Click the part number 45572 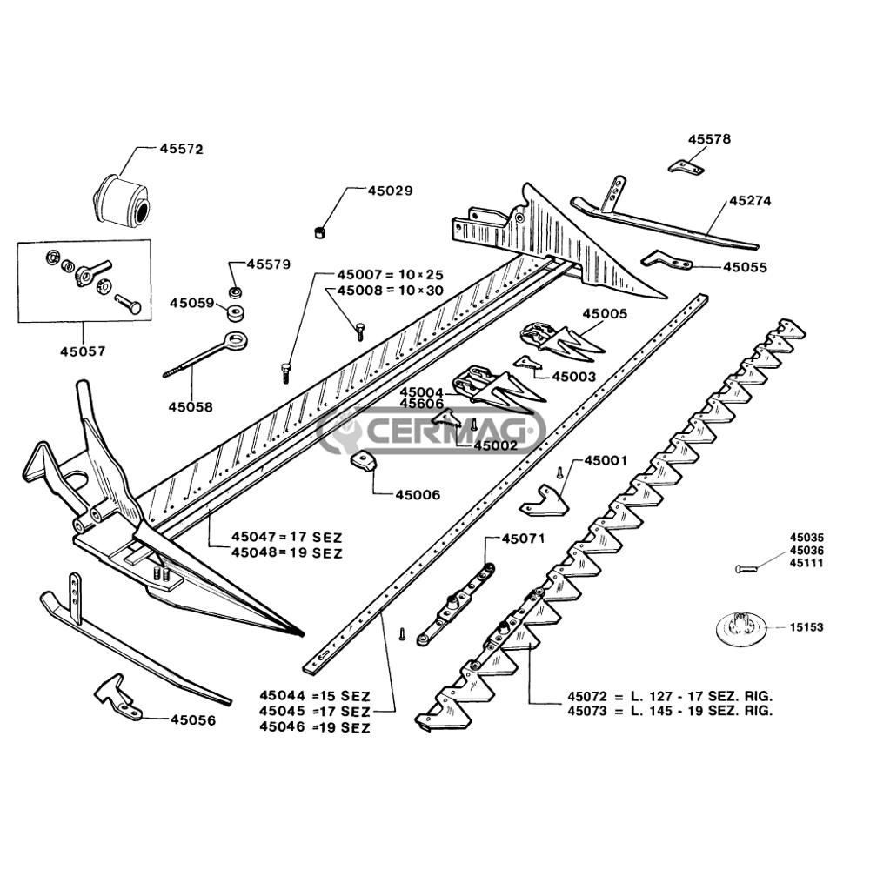tap(181, 149)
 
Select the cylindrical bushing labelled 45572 tap(123, 199)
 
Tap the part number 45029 tap(390, 190)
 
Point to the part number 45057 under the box tap(83, 352)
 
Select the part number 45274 tap(750, 200)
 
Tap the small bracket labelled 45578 tap(687, 165)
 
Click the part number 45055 tap(746, 267)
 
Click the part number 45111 tap(806, 563)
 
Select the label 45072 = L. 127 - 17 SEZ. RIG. tap(670, 697)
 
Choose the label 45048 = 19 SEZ tap(287, 552)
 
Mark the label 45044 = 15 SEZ tap(315, 696)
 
